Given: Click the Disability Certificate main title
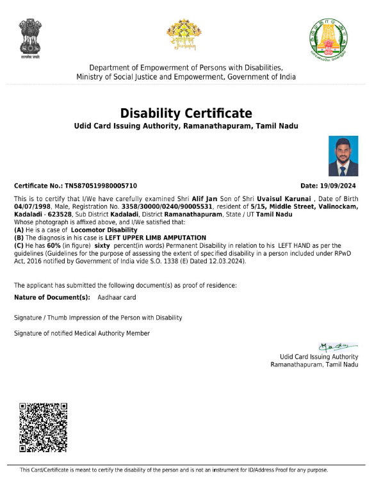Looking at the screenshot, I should click(186, 113).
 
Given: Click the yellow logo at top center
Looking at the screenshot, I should click(184, 35).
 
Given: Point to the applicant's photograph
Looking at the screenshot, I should click(343, 156).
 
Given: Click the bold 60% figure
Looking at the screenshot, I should click(45, 245).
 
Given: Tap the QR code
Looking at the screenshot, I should click(44, 427).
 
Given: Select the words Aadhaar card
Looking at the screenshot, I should click(117, 297).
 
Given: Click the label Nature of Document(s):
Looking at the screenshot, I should click(52, 297).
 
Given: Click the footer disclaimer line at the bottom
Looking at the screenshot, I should click(174, 470).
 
